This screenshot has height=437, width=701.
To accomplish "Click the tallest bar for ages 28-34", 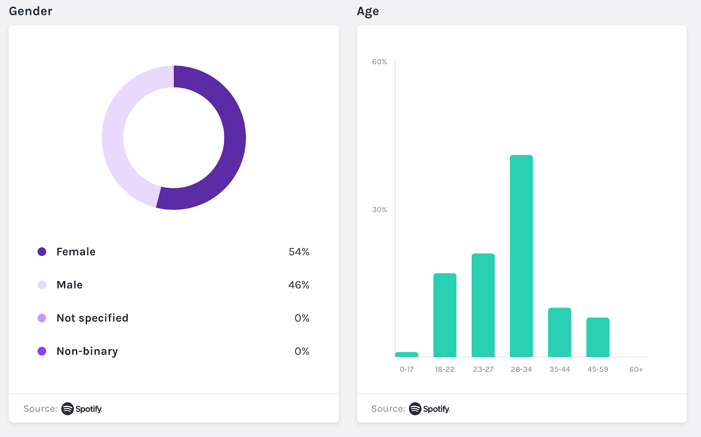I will coord(521,256).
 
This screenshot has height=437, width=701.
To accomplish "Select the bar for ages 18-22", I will coord(445,315).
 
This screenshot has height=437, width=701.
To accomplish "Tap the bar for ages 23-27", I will coord(483,305).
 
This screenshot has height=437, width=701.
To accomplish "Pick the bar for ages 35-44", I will coord(559,332).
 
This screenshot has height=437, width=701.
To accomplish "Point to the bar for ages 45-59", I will coord(598,337).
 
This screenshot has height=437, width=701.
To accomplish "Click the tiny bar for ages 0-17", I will coord(407,355).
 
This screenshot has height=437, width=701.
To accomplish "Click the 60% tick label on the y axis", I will coord(379,62).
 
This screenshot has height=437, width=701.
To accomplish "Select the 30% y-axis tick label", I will coord(379,210).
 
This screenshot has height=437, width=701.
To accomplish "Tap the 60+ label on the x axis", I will coord(636,370).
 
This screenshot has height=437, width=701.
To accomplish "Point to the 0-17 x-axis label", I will coord(407,370).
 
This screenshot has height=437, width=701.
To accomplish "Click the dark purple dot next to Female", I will coord(42,252).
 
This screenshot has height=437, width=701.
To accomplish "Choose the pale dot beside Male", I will coord(42,285).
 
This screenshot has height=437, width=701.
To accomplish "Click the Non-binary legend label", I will coord(87,351).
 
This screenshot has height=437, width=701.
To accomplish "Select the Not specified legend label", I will coord(92,318).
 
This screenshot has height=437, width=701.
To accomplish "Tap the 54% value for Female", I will coord(299,252).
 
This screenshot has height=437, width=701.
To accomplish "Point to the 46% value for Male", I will coord(299,285).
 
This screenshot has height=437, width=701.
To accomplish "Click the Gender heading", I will coord(31,11).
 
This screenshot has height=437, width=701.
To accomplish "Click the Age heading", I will coord(368,11).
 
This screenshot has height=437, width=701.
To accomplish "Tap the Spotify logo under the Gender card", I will coord(82,409).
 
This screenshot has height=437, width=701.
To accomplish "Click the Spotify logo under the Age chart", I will coord(429,409).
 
